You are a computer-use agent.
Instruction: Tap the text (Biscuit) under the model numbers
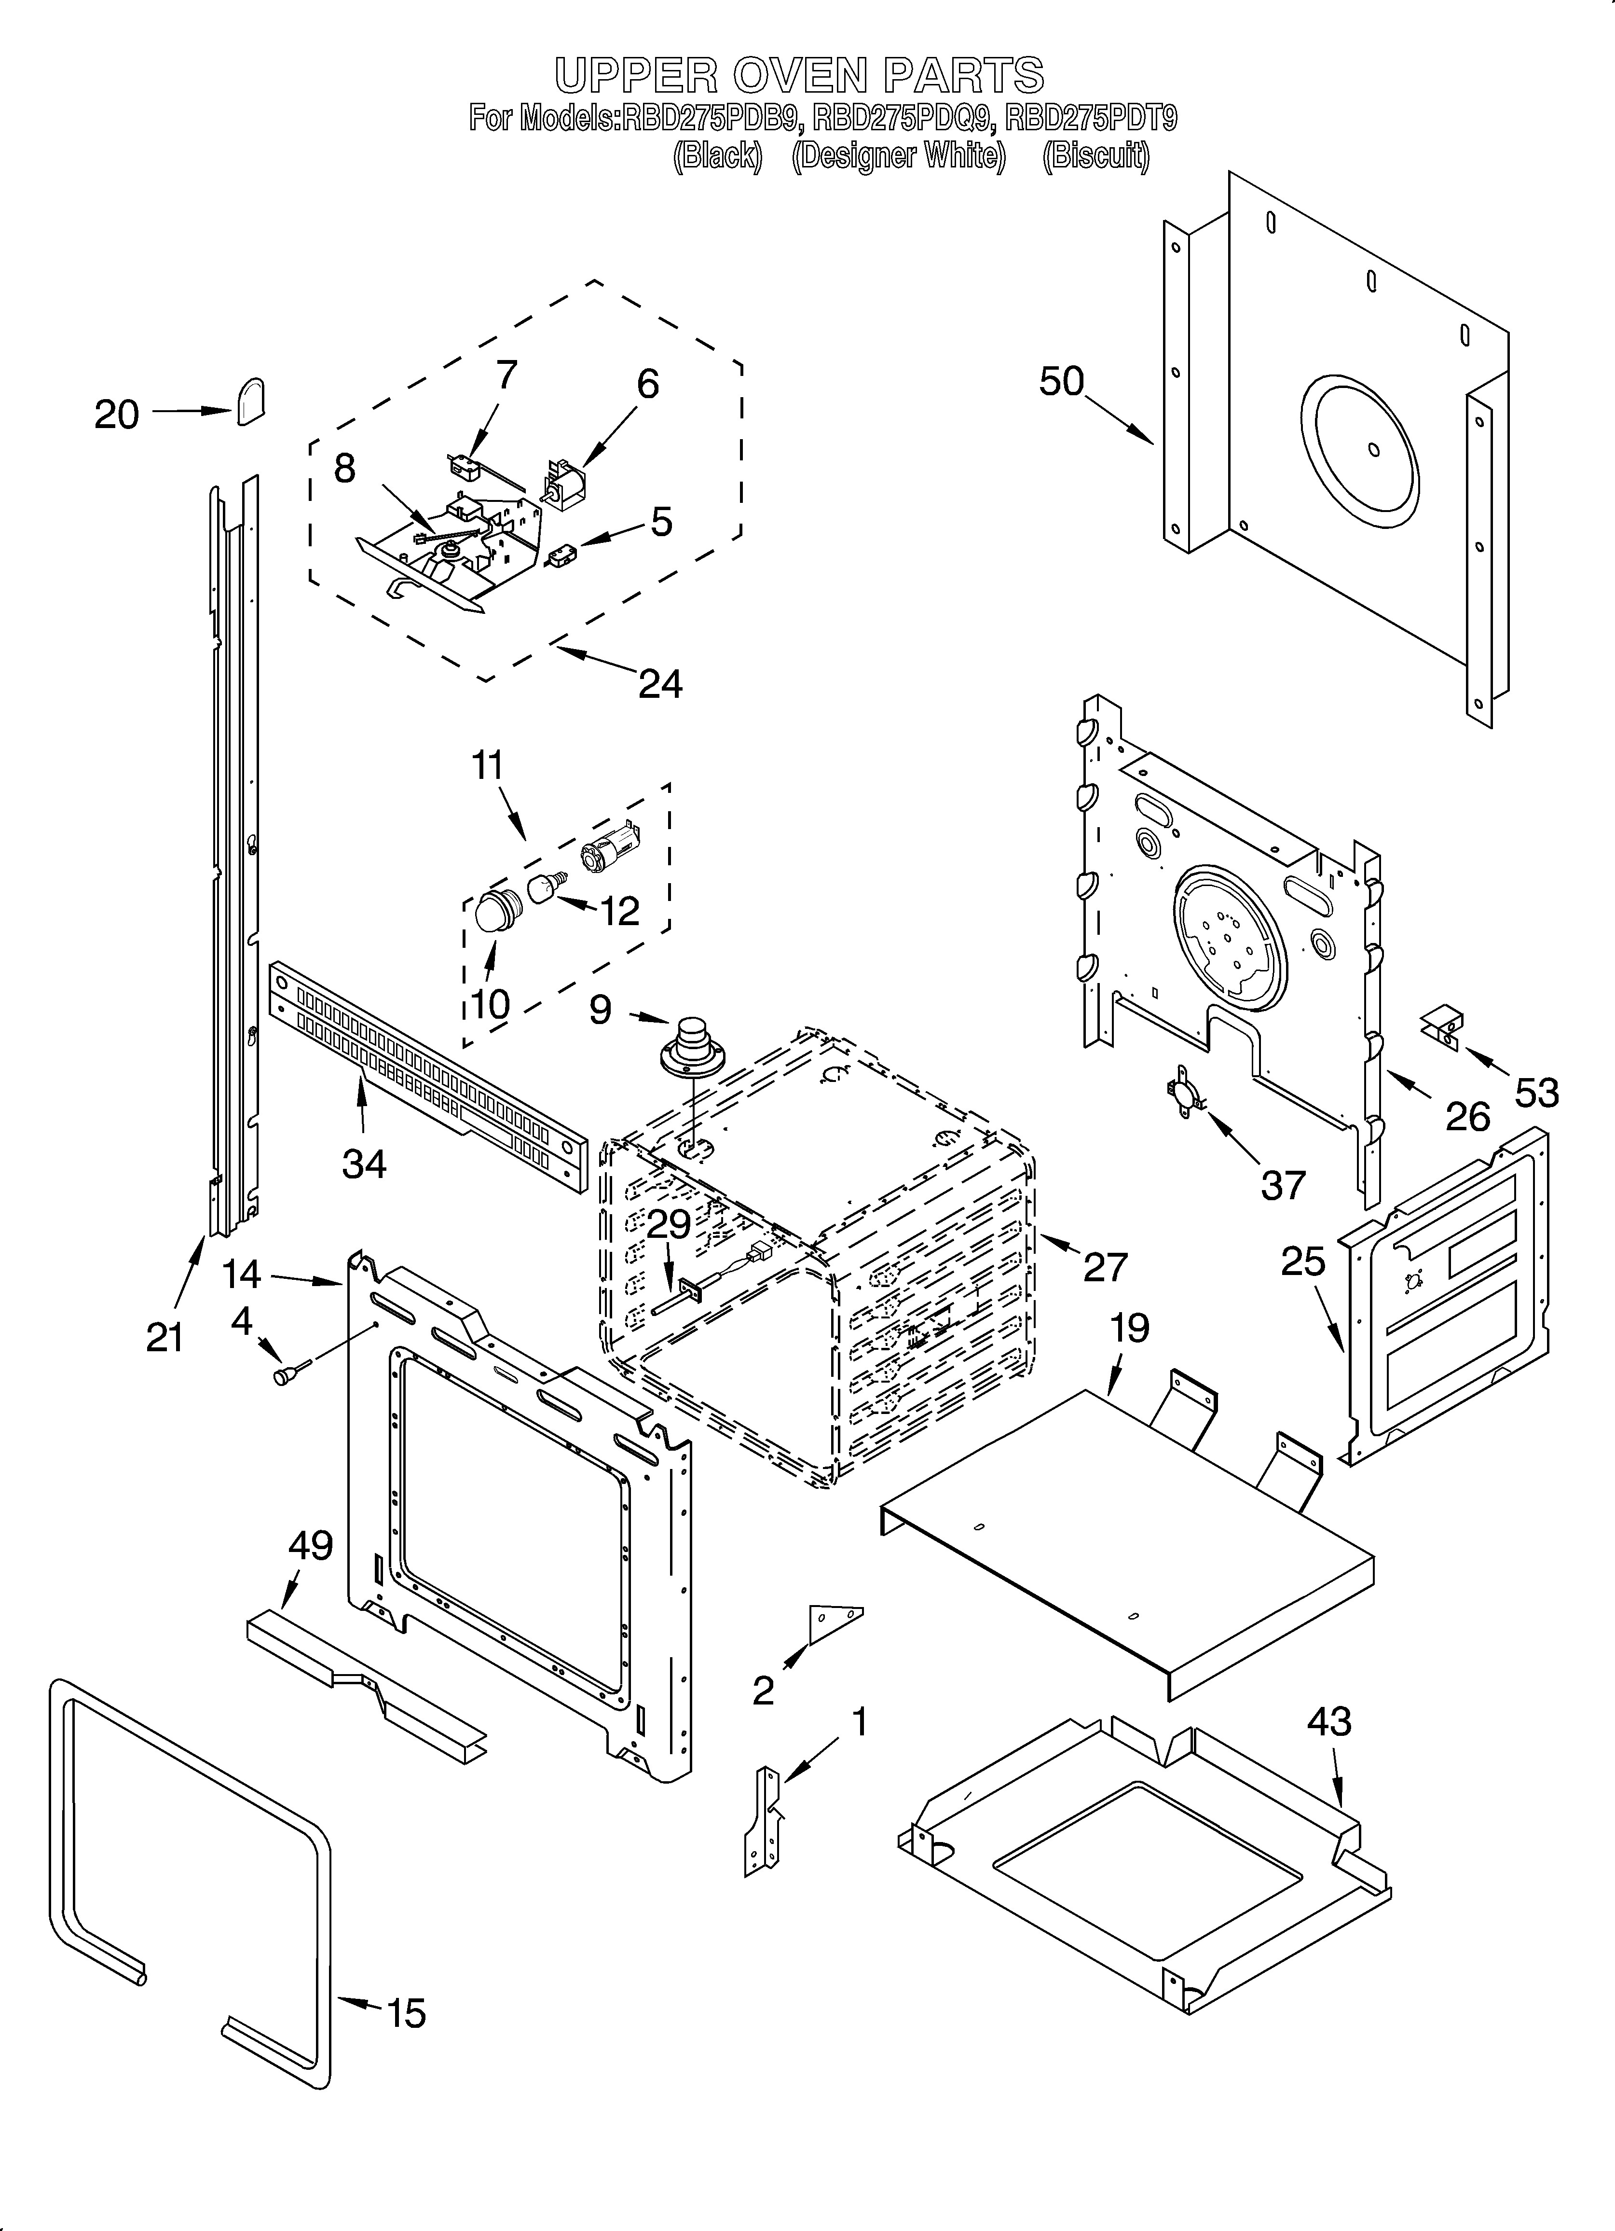(1095, 155)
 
